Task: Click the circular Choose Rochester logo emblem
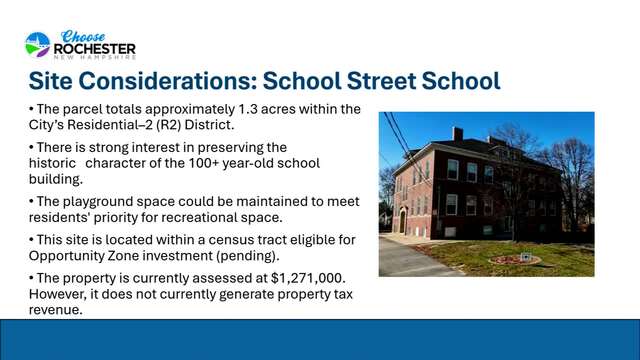[38, 44]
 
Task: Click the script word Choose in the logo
[83, 36]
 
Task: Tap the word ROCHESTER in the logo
[95, 49]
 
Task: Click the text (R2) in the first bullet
[168, 124]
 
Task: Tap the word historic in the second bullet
[52, 163]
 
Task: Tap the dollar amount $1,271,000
[308, 278]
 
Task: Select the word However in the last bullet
[57, 294]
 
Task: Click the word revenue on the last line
[56, 310]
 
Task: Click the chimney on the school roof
[458, 134]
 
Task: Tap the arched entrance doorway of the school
[402, 221]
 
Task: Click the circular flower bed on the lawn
[515, 259]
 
